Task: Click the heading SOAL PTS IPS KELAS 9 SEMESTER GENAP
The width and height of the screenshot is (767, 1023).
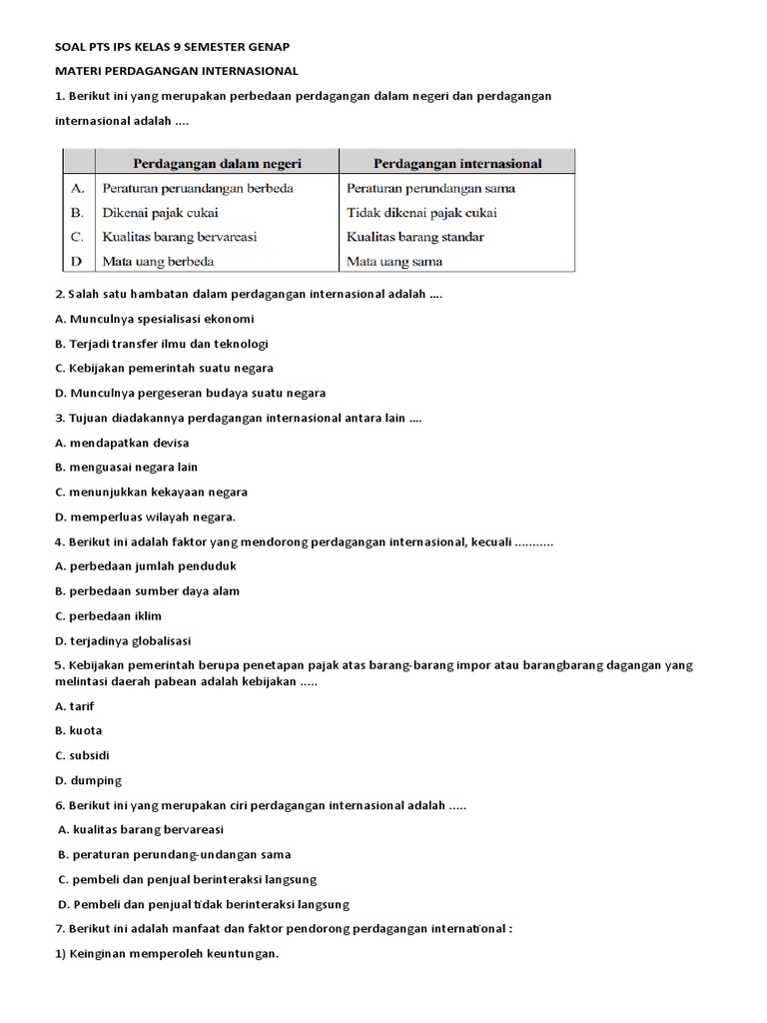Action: [x=173, y=47]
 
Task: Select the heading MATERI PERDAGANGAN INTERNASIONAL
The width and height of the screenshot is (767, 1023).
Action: [x=176, y=71]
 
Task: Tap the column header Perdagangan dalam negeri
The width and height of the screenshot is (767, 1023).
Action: [x=217, y=163]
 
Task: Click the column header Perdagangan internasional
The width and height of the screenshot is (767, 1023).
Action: [x=457, y=163]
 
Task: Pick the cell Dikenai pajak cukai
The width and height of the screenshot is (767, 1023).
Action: [x=160, y=213]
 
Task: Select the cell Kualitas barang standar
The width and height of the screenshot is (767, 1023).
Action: [x=414, y=238]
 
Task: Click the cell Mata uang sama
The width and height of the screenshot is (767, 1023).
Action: [x=394, y=262]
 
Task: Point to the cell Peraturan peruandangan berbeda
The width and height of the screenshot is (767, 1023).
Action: [x=198, y=188]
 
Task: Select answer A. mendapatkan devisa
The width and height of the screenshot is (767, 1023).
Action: [x=122, y=443]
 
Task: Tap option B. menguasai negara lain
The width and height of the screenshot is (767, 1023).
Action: [x=127, y=467]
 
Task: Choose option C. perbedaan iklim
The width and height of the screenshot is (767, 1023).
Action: [x=109, y=615]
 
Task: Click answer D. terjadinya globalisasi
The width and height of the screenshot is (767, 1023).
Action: [x=123, y=640]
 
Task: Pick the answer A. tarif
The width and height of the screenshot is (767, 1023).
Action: [x=75, y=705]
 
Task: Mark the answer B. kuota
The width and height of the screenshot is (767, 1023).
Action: [x=79, y=730]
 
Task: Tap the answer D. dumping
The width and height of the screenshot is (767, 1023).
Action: [x=88, y=780]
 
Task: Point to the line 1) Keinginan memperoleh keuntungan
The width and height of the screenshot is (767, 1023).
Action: [x=167, y=953]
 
